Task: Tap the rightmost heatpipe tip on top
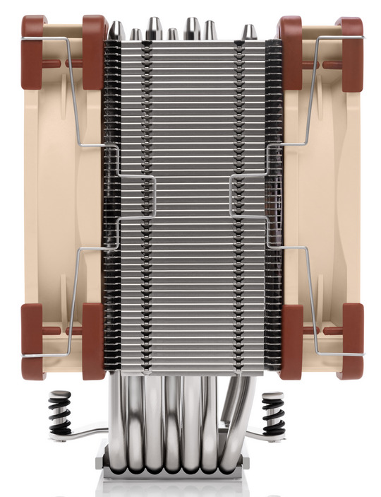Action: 248,33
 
